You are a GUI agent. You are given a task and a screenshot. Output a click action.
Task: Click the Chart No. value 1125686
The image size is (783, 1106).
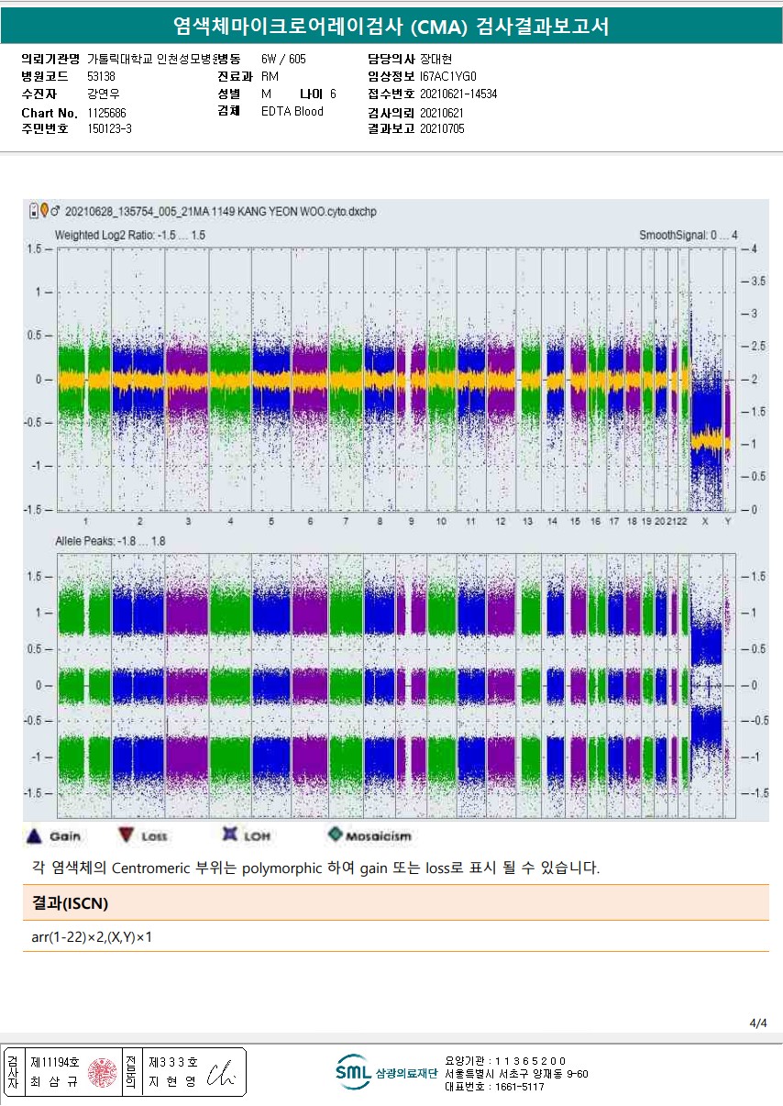click(106, 112)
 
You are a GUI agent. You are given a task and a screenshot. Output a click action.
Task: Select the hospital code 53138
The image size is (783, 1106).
click(101, 76)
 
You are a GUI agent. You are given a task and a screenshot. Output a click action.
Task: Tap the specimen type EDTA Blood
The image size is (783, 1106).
click(292, 112)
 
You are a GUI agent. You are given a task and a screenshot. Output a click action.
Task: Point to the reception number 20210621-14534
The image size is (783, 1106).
click(458, 94)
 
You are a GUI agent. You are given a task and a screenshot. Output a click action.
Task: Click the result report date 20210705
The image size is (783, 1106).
click(442, 129)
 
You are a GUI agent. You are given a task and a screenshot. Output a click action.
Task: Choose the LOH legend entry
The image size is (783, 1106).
click(248, 835)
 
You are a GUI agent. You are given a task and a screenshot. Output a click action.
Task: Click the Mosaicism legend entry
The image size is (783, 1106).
click(370, 835)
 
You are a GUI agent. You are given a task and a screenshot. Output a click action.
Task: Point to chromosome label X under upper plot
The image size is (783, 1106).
click(705, 522)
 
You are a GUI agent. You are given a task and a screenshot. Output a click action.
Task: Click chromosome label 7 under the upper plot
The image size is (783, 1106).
click(346, 522)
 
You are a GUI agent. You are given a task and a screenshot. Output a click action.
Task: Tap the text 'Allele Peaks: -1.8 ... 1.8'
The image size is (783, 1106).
click(109, 542)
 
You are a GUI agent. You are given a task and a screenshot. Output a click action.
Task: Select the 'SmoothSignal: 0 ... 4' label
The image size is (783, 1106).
click(688, 236)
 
